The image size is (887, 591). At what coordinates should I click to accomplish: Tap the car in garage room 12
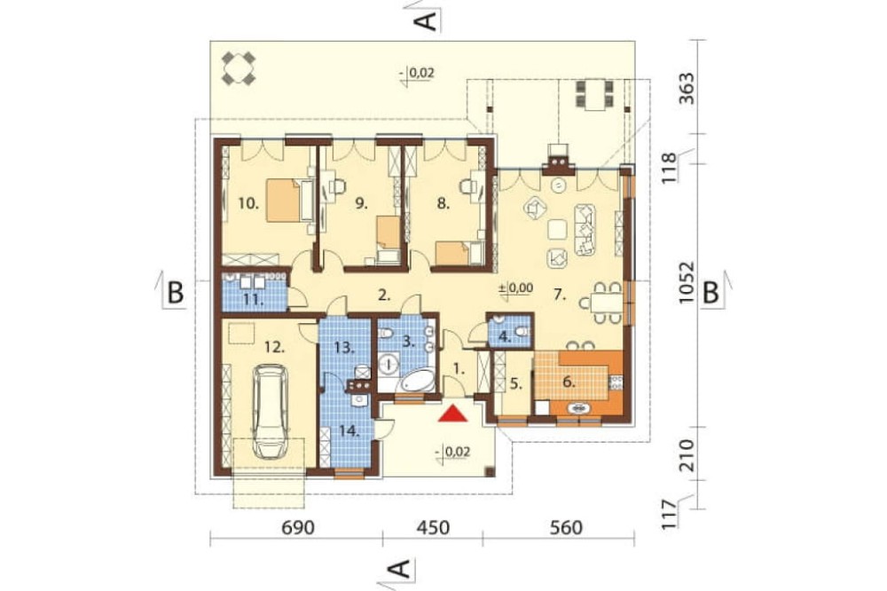[x=270, y=412]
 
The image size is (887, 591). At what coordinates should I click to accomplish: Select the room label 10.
[x=248, y=204]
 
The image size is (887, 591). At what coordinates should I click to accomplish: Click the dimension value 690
[x=297, y=528]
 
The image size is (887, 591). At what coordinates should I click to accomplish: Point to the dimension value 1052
[x=687, y=282]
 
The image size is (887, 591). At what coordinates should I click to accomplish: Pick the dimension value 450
[x=433, y=528]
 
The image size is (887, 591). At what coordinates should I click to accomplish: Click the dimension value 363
[x=687, y=88]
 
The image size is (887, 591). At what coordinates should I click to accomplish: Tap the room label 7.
[x=560, y=295]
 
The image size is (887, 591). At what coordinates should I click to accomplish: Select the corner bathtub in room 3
[x=417, y=381]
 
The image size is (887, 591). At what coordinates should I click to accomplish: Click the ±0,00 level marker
[x=515, y=288]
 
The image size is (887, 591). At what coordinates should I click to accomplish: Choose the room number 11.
[x=253, y=300]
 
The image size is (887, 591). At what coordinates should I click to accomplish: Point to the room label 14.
[x=349, y=431]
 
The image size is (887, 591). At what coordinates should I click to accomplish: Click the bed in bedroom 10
[x=284, y=201]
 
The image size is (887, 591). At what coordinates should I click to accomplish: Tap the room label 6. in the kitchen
[x=569, y=382]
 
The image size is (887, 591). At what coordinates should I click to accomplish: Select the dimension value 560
[x=566, y=528]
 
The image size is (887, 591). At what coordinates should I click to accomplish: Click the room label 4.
[x=506, y=338]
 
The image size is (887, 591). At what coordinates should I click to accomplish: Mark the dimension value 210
[x=687, y=455]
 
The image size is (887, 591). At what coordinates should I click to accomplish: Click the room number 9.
[x=362, y=204]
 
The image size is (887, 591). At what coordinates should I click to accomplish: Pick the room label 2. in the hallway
[x=384, y=295]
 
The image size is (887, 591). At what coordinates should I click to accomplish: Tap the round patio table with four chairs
[x=238, y=68]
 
